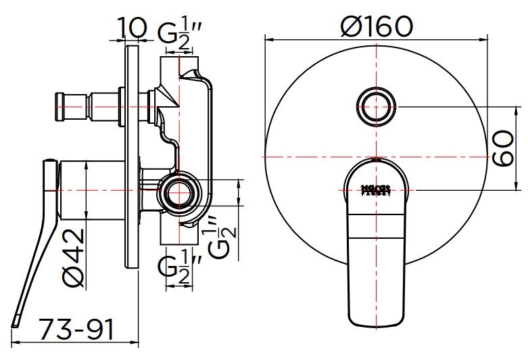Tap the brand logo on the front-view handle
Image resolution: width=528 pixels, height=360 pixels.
(376, 189)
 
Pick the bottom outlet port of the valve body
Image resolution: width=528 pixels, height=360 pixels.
(177, 237)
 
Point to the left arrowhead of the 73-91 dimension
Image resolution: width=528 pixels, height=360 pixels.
(16, 342)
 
